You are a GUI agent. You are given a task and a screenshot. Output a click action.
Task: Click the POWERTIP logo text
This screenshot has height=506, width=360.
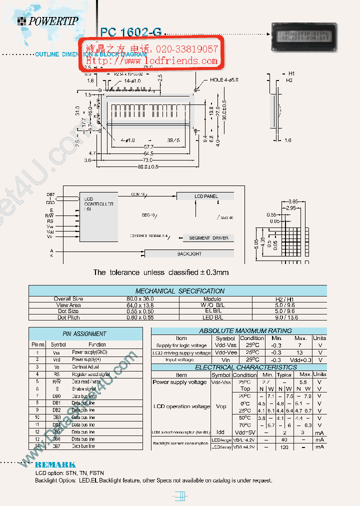[x=53, y=21]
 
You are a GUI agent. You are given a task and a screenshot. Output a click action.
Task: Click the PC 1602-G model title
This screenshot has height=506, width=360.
[x=131, y=31]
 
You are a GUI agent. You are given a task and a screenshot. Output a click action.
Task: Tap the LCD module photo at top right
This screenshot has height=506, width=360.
[x=303, y=37]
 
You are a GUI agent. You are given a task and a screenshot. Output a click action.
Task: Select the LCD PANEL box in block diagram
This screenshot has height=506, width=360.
[x=206, y=196]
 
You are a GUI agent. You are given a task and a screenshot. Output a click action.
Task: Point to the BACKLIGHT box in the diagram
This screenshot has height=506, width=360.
[x=189, y=253]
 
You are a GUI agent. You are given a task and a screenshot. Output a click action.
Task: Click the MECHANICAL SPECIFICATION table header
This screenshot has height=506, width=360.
[x=179, y=290]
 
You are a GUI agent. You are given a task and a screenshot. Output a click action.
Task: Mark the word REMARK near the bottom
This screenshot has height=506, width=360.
[x=55, y=464]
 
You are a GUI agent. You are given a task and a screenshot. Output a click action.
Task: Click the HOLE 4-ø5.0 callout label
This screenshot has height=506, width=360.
[x=224, y=79]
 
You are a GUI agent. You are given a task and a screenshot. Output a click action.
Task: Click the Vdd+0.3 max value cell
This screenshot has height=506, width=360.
[x=300, y=359]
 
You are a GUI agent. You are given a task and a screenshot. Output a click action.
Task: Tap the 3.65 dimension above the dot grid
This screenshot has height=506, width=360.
[x=294, y=201]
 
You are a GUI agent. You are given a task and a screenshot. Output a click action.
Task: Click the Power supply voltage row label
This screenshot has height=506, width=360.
[x=179, y=382]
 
